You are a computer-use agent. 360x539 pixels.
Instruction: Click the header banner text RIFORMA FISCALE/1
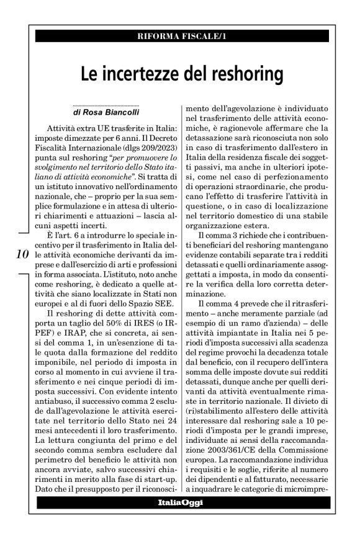180,36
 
